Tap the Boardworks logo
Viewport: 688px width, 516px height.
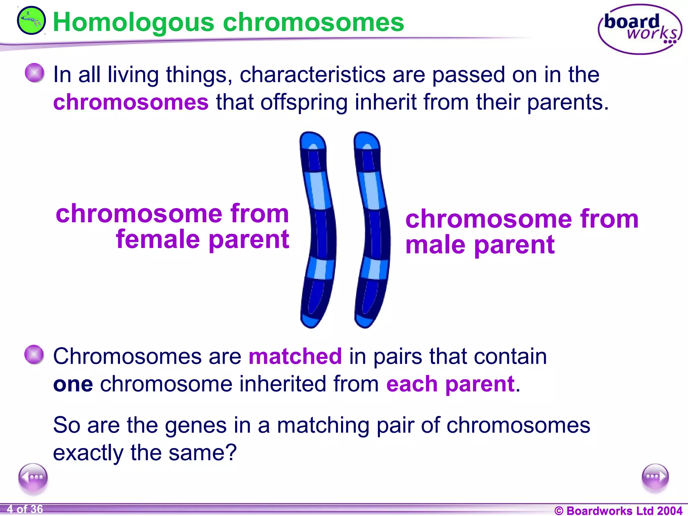640,30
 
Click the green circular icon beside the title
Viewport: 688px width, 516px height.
31,21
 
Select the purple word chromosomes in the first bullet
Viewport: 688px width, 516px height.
131,102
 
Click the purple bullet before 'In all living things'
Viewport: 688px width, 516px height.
35,73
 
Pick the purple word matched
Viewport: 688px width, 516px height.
295,356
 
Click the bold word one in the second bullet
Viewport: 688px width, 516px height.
73,384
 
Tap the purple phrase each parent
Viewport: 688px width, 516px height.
450,384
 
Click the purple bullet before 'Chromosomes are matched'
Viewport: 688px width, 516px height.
34,354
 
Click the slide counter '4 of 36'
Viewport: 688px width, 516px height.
25,509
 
